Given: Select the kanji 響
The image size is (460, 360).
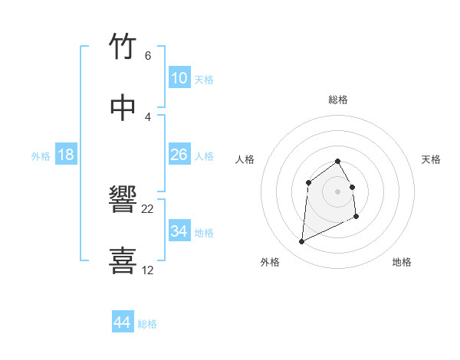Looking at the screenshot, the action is pos(124,201).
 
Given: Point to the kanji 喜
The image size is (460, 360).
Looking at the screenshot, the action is pos(124,260).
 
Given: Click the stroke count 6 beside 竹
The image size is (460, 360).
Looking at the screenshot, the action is pos(147,56).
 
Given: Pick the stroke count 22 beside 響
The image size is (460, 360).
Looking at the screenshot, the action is pos(148,209).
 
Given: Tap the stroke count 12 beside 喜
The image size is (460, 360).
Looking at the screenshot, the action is pos(148,270).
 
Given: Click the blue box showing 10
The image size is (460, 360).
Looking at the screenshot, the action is pos(179,78).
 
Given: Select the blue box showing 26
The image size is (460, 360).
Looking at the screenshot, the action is pos(179,155).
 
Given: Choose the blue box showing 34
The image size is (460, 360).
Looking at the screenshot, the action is pos(179,231).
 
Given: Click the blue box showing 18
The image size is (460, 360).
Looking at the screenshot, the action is pos(66,155).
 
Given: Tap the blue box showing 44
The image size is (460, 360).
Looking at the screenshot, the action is pos(122,322).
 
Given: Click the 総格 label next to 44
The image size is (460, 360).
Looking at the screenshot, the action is pos(147,324).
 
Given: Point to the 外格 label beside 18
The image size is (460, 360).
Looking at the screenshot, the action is pos(41,156).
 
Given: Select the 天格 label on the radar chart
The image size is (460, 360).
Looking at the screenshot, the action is pos(431,159).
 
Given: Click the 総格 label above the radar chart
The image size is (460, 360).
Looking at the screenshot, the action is pos(337,100).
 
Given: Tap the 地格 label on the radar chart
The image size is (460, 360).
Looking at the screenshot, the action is pos(402,262).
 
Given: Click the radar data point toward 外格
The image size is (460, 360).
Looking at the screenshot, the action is pos(301,242).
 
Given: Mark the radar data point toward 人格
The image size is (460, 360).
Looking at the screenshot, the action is pos(308,182).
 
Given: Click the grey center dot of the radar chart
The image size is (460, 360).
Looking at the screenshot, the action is pos(337,191).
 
